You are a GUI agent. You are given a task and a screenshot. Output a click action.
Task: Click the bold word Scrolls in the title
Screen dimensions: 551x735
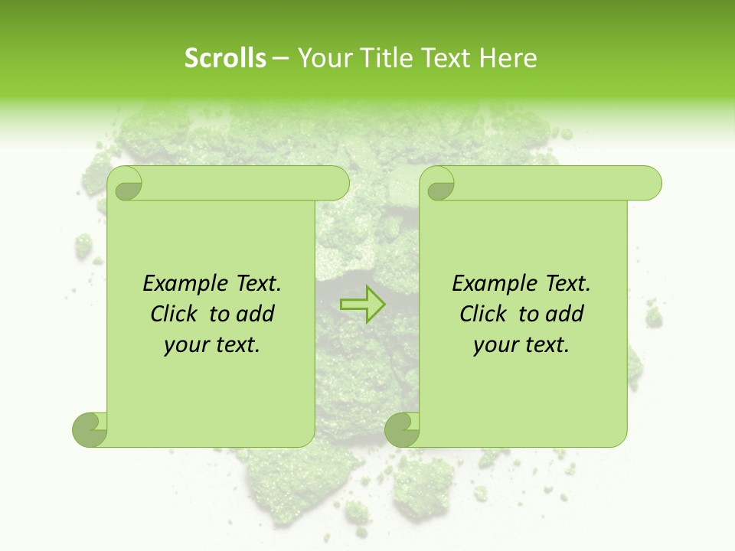point(226,58)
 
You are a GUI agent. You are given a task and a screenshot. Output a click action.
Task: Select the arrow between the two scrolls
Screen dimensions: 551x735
point(362,304)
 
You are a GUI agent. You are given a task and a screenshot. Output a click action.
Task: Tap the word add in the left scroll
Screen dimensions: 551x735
point(256,314)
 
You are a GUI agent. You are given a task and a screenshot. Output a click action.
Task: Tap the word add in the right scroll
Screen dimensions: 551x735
point(565,314)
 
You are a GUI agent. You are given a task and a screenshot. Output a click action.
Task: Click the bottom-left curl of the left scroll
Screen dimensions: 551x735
point(89,429)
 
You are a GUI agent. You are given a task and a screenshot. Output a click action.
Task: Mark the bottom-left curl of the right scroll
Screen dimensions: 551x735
point(401,429)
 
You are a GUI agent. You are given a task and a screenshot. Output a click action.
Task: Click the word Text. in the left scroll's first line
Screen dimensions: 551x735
point(255,284)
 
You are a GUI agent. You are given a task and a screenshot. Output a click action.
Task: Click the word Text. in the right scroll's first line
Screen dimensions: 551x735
point(564,284)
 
